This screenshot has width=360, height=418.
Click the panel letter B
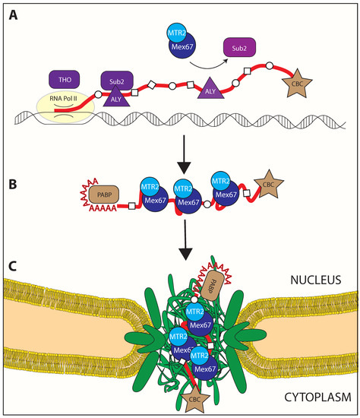point(14,183)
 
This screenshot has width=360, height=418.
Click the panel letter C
point(14,266)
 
